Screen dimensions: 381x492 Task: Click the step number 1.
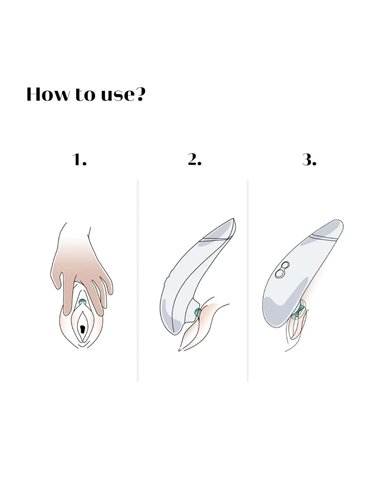pos(79,160)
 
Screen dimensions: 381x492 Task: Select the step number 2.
pos(194,160)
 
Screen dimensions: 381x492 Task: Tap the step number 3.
pos(309,160)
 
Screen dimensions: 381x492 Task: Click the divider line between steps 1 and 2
pos(138,281)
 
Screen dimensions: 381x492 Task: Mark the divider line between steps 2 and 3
pos(248,281)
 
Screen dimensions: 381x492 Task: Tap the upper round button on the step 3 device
pos(285,266)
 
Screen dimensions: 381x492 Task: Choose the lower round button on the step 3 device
pos(279,273)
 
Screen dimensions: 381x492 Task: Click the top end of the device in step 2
pos(233,220)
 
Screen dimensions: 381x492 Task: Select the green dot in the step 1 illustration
pos(82,303)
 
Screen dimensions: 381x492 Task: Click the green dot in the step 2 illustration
pos(198,312)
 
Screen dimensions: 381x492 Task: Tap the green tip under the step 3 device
pos(298,311)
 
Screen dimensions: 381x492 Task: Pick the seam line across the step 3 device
pos(323,237)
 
